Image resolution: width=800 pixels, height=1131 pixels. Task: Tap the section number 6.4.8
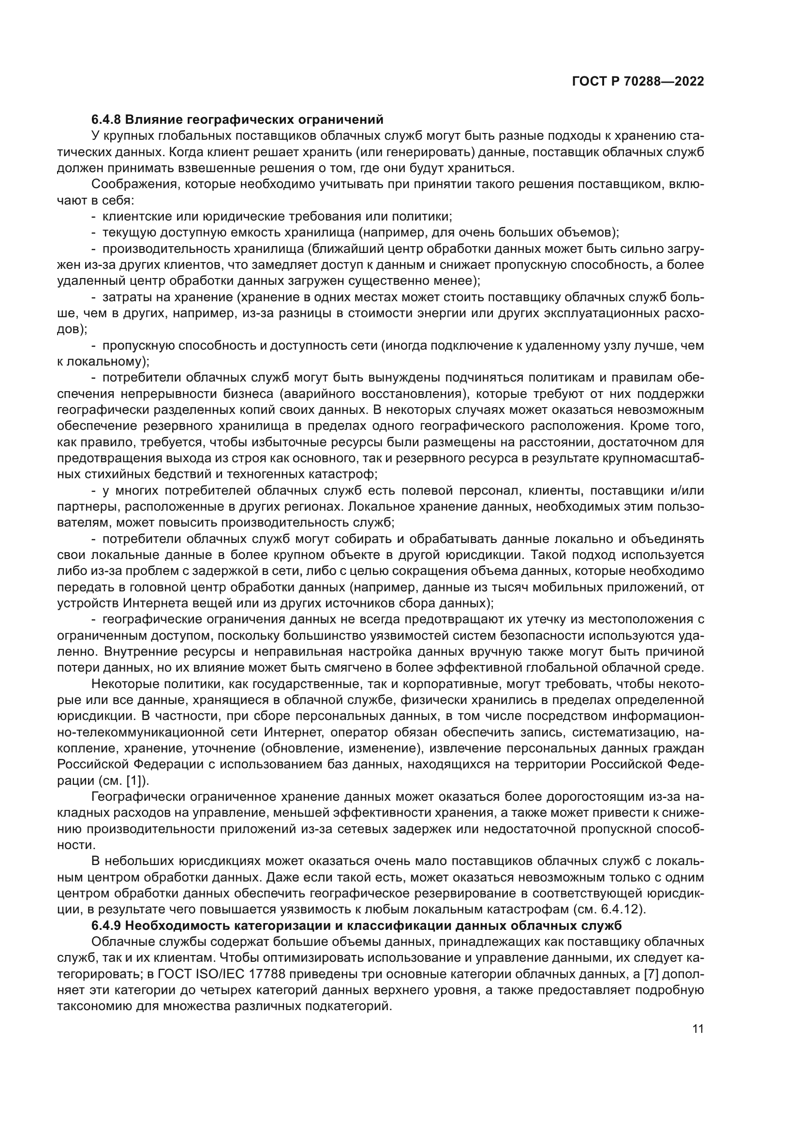coord(106,120)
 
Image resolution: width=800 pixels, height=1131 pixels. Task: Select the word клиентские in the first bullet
coord(129,217)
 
